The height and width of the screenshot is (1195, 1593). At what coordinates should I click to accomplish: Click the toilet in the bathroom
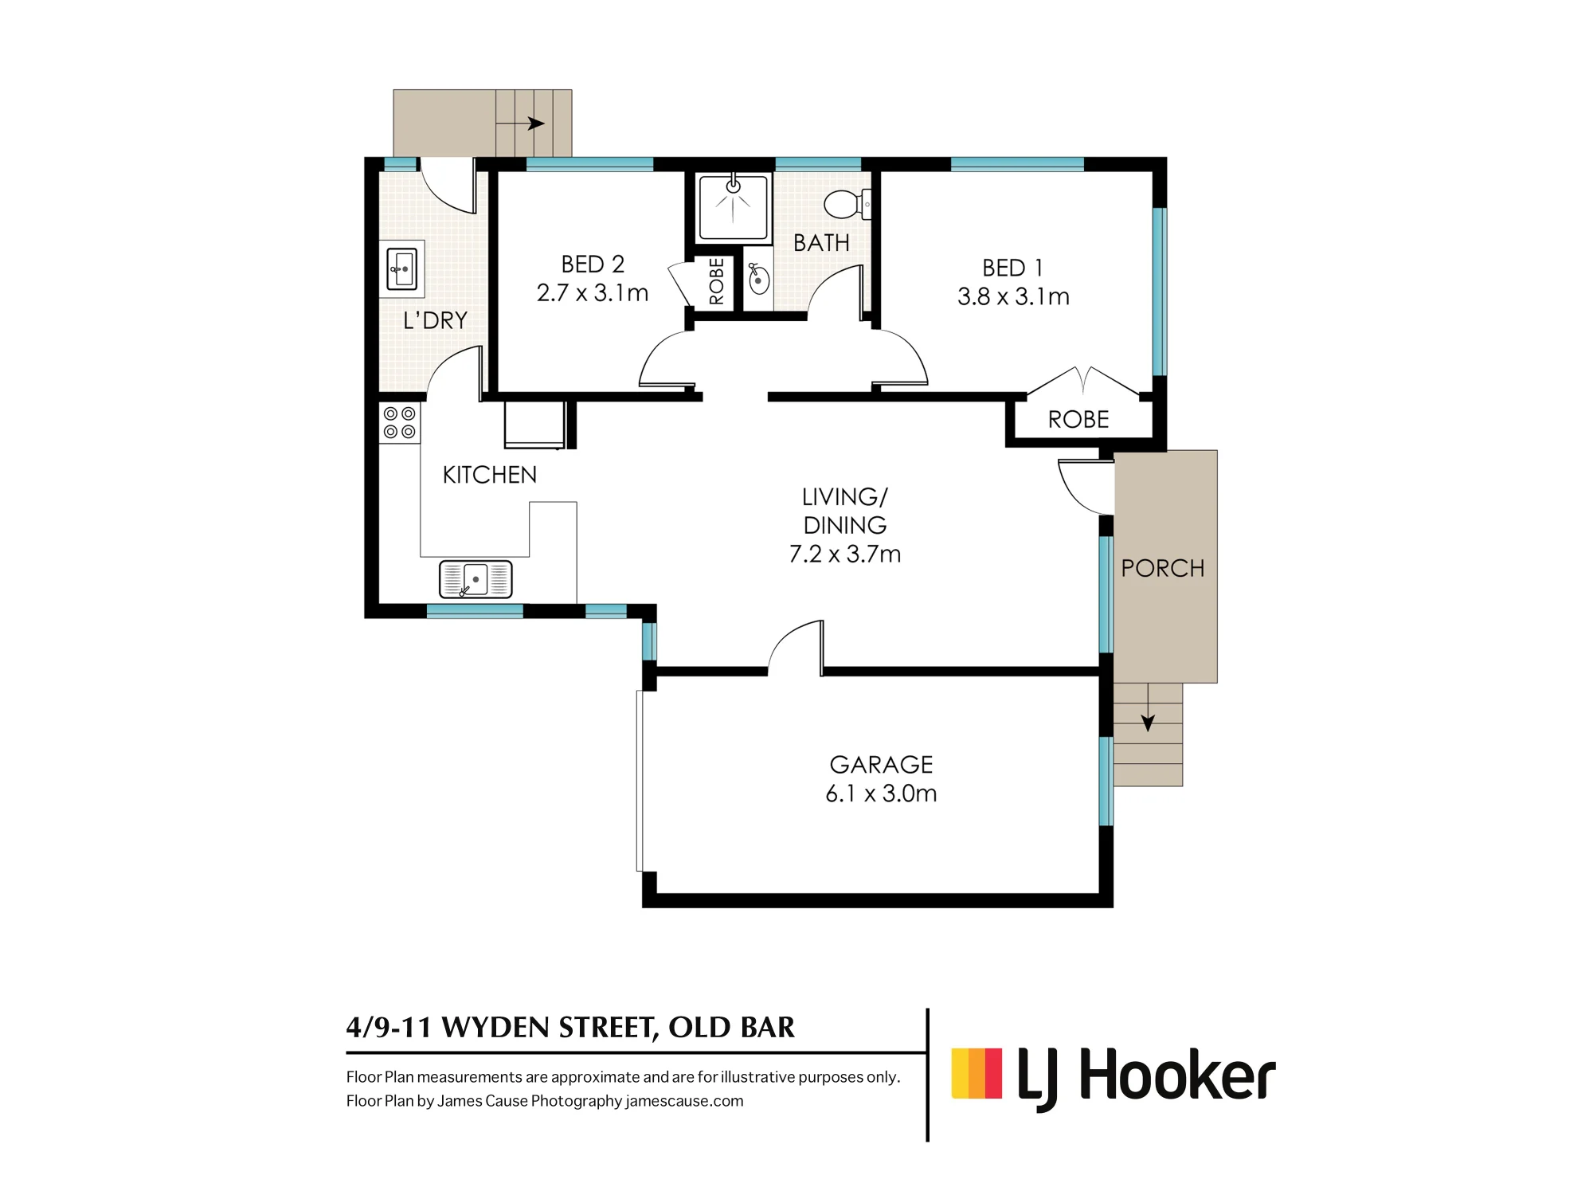(847, 205)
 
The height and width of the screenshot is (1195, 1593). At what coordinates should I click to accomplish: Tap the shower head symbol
(733, 186)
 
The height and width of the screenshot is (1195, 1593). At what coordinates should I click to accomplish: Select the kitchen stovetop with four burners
(399, 423)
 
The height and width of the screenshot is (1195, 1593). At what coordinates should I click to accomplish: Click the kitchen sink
(476, 579)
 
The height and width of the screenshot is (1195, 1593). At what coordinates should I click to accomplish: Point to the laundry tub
(401, 268)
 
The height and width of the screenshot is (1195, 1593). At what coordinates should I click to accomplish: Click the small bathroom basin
(757, 279)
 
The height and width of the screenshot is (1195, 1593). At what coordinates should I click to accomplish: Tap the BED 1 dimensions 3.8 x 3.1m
(1013, 297)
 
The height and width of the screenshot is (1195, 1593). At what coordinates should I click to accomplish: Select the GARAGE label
(881, 765)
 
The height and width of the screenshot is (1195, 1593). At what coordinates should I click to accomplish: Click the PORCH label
(1163, 568)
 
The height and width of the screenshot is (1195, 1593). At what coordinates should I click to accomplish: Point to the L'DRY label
(435, 320)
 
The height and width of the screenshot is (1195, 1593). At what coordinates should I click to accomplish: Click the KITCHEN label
(490, 475)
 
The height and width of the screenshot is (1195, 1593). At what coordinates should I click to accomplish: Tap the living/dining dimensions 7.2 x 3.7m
(845, 554)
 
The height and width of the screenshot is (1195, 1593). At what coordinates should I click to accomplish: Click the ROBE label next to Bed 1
(1078, 420)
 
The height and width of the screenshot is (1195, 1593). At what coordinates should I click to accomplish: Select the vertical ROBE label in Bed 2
(716, 281)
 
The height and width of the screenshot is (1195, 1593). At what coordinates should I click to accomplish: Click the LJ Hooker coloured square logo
(977, 1074)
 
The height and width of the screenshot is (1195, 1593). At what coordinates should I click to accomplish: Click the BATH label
(821, 243)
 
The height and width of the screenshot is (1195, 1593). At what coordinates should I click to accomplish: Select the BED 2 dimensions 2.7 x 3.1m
(593, 293)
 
